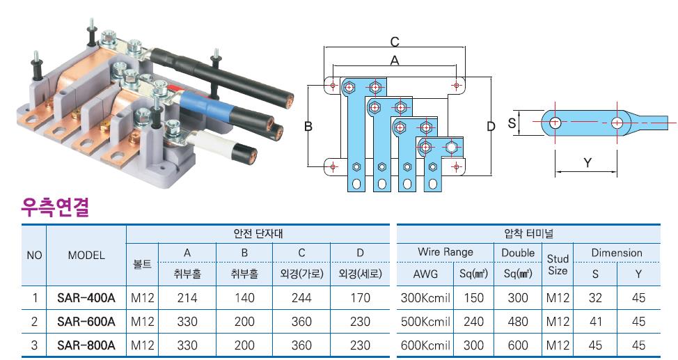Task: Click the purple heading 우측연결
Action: pos(56,208)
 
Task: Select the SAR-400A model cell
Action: pos(86,298)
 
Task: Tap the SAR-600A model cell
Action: pos(86,322)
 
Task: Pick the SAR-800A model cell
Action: pos(86,345)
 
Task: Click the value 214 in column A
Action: pos(187,298)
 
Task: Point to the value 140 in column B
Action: pos(244,298)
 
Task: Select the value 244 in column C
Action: pos(301,298)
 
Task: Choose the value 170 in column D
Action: pos(360,298)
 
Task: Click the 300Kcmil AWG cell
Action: pos(425,298)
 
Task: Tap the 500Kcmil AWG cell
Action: pos(425,322)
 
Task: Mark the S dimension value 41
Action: pos(595,322)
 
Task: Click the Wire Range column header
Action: pos(446,252)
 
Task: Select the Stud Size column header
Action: pos(558,265)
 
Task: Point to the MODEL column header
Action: pos(86,256)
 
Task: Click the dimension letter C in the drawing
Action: pos(395,42)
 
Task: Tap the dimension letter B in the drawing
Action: pos(308,126)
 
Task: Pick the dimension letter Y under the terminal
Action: pos(588,163)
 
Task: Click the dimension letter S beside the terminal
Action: pos(512,123)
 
